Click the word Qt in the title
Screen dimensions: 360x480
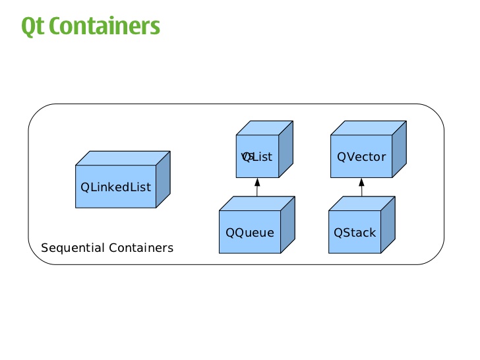coord(32,26)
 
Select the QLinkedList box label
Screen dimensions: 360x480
coord(115,187)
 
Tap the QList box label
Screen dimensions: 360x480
coord(257,157)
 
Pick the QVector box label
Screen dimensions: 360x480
coord(361,157)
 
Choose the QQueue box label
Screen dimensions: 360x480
coord(249,233)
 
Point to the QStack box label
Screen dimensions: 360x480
coord(355,233)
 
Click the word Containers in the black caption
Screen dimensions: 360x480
coord(141,248)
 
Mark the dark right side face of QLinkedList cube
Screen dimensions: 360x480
coord(163,179)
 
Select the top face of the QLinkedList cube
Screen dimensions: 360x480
coord(123,158)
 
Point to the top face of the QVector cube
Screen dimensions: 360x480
coord(368,128)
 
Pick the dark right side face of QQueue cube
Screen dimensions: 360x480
coord(287,225)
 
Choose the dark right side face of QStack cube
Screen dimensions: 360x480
coord(388,225)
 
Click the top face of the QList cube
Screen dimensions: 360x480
coord(264,128)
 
